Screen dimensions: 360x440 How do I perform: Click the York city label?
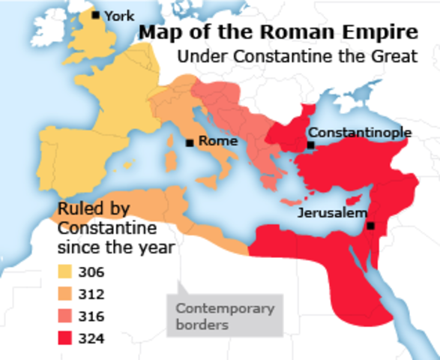tap(120, 15)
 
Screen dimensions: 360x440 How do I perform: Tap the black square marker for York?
tap(95, 15)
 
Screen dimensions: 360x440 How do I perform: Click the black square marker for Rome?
tap(190, 142)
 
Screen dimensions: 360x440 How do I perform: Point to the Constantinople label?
tap(360, 132)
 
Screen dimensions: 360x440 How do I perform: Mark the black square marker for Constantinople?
tap(310, 144)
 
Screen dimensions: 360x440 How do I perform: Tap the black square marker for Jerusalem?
tap(370, 226)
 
